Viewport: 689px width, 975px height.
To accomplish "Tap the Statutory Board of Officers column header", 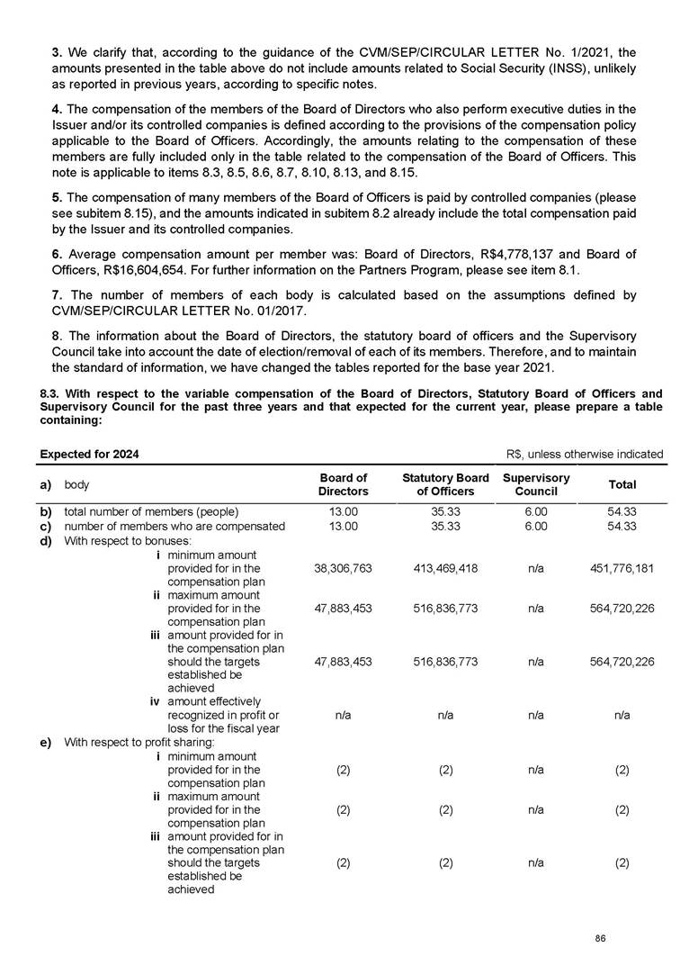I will click(x=446, y=484).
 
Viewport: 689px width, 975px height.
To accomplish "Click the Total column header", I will click(x=622, y=484).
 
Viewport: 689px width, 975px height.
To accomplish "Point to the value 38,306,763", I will click(x=343, y=569).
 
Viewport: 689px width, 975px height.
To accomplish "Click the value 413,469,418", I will click(x=446, y=569).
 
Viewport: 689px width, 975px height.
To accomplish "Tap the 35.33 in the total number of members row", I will click(x=446, y=512).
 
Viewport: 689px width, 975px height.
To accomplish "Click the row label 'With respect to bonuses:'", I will click(x=121, y=541).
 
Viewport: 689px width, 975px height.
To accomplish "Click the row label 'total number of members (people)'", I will click(x=151, y=512).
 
